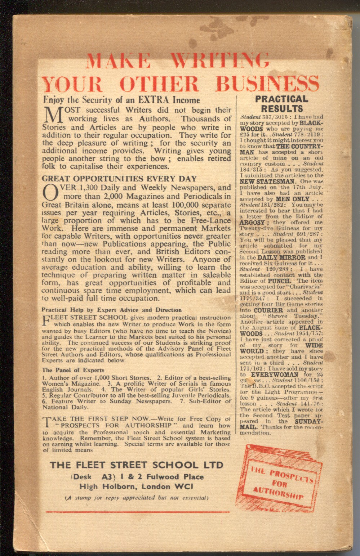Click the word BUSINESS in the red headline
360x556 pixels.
[x=267, y=84]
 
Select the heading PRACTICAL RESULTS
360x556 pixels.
[x=282, y=104]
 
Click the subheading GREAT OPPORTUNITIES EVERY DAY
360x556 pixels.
[x=119, y=179]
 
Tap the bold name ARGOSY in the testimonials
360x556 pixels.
[x=252, y=223]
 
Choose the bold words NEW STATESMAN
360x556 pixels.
[x=268, y=181]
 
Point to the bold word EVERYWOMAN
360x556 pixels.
[x=275, y=375]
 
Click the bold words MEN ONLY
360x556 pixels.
[x=293, y=199]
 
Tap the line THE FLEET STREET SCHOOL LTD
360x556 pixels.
[x=137, y=465]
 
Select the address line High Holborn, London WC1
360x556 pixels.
[x=136, y=486]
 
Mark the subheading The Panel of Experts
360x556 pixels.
[x=73, y=370]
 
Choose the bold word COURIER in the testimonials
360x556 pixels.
[x=268, y=310]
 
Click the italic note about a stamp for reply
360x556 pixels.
[x=136, y=498]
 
